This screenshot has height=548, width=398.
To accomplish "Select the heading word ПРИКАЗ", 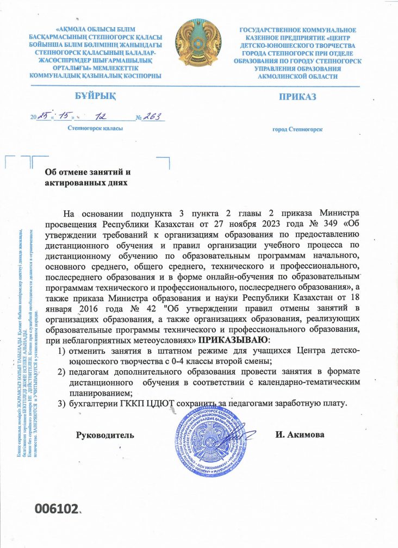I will click(297, 97).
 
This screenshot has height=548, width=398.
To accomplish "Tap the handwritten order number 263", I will click(153, 117).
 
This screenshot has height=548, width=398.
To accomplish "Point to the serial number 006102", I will click(57, 509).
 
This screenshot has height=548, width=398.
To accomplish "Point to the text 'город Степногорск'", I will click(297, 129).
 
